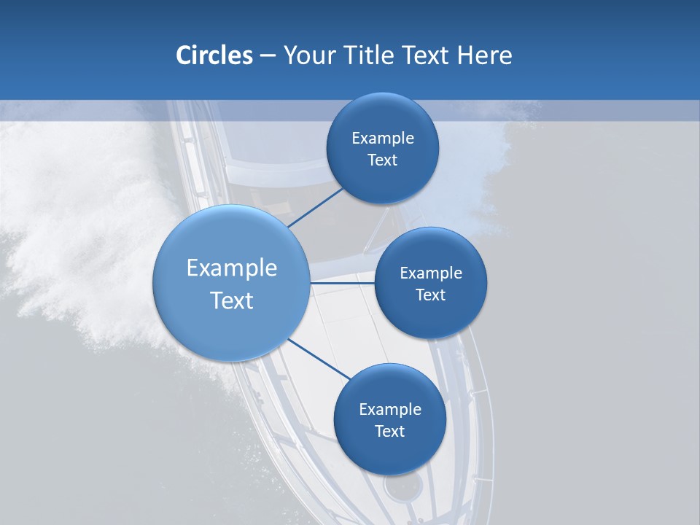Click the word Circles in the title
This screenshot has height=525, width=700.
(214, 55)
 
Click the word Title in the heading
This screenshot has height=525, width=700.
(368, 55)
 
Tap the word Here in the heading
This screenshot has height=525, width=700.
(484, 55)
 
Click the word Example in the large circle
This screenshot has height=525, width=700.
(232, 268)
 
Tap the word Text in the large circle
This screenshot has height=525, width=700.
(232, 300)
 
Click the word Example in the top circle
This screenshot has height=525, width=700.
(383, 139)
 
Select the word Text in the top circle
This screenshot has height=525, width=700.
(382, 160)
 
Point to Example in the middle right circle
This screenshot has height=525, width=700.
(431, 273)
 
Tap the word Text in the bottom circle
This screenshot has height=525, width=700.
(389, 431)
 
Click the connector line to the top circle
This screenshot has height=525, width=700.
(316, 207)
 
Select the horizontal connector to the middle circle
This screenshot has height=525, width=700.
(343, 282)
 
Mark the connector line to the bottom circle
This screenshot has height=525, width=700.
(319, 359)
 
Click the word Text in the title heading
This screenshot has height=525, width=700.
(427, 55)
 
